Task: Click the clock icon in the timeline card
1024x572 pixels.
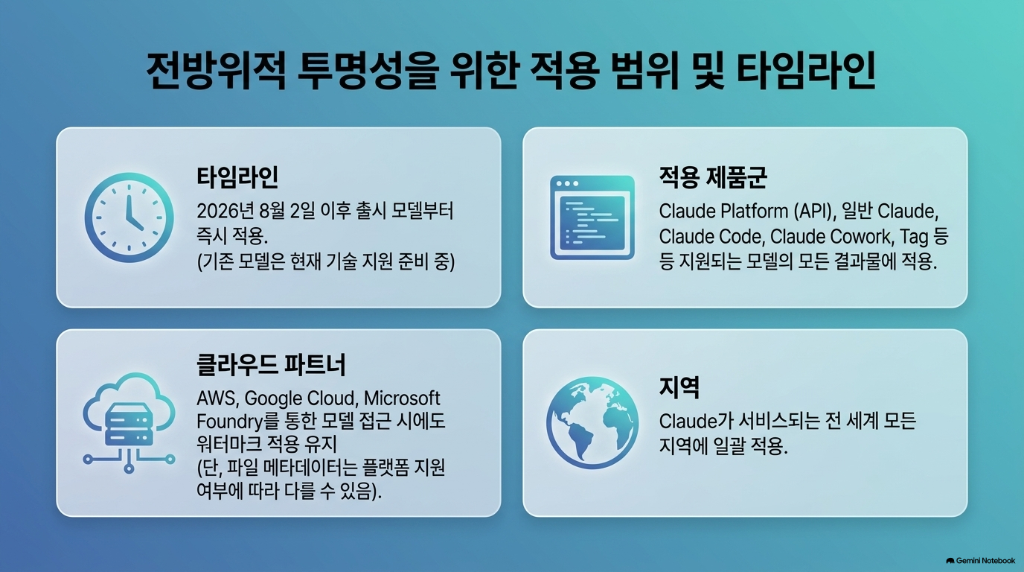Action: pyautogui.click(x=129, y=217)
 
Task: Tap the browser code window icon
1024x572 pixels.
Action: pyautogui.click(x=592, y=217)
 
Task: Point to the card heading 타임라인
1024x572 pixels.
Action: pyautogui.click(x=237, y=177)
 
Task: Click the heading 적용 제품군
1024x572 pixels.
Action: pyautogui.click(x=713, y=177)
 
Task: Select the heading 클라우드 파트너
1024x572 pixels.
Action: pyautogui.click(x=271, y=365)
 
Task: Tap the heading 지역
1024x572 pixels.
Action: pyautogui.click(x=679, y=387)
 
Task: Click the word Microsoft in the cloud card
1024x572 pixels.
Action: pyautogui.click(x=402, y=398)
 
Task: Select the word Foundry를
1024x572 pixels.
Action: pyautogui.click(x=237, y=422)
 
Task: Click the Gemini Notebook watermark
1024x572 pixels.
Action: pyautogui.click(x=981, y=561)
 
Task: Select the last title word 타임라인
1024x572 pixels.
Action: pyautogui.click(x=806, y=71)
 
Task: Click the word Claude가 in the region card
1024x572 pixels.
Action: pyautogui.click(x=690, y=422)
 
